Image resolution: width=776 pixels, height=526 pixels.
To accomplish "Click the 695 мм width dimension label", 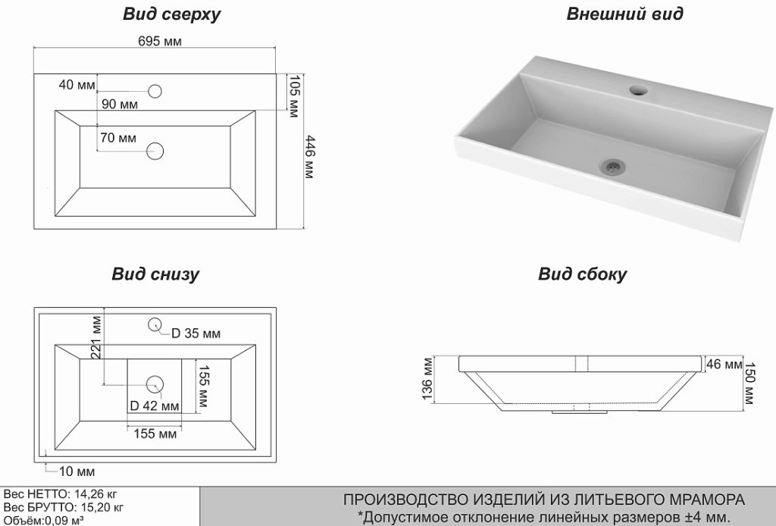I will click(x=160, y=42).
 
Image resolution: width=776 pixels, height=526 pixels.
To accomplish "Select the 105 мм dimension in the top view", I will click(x=294, y=97).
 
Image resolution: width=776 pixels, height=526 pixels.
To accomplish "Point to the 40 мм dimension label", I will click(x=77, y=84).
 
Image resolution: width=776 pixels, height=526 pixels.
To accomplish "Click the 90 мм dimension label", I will click(x=119, y=105).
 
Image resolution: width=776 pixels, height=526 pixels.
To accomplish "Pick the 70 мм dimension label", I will click(x=117, y=138).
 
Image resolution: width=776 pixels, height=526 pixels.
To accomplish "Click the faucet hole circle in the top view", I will click(x=155, y=92).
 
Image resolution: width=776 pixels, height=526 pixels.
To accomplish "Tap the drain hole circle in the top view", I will click(x=155, y=150).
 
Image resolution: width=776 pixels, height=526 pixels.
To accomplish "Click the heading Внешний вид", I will click(x=624, y=14).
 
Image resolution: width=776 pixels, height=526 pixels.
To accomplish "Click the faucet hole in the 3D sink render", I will click(x=639, y=91).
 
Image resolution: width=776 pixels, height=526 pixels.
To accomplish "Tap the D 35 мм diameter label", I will click(x=196, y=333).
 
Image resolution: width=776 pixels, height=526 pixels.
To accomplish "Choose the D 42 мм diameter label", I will click(x=155, y=405).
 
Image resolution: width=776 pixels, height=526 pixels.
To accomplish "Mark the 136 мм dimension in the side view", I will click(x=427, y=379).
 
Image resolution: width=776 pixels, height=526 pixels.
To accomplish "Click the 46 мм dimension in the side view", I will click(x=724, y=365).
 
